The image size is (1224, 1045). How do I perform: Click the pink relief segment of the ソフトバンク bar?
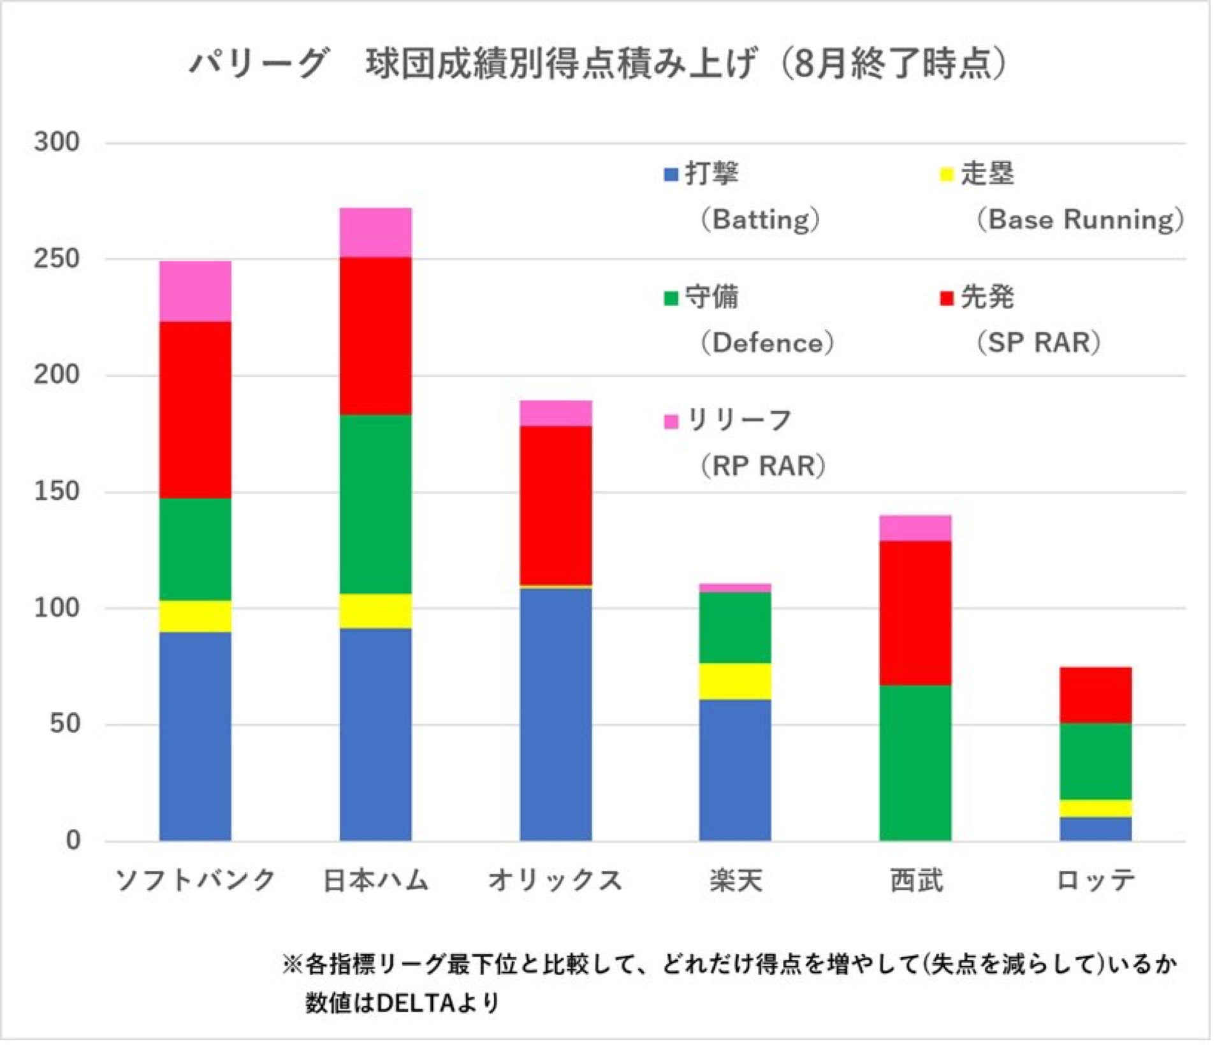coord(195,291)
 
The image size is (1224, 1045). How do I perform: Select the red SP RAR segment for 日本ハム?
coord(375,336)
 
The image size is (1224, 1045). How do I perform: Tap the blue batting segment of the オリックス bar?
coord(556,714)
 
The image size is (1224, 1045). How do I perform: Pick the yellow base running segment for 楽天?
coord(735,682)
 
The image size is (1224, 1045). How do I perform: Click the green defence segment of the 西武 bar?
coord(915,763)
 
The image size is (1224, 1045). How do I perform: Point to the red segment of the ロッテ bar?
coord(1096,695)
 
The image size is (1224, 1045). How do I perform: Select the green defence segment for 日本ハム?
coord(375,504)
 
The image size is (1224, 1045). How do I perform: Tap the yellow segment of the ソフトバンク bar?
coord(195,617)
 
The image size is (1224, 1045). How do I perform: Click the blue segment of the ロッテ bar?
coord(1096,829)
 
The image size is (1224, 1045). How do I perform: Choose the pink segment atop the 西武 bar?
coord(915,528)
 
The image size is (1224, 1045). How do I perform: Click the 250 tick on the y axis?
coord(57,258)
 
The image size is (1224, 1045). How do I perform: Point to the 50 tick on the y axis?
coord(65,724)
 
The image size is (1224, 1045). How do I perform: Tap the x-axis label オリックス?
coord(555,881)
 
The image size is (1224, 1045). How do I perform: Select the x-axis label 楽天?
coord(736,881)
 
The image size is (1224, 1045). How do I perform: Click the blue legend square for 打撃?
coord(671,174)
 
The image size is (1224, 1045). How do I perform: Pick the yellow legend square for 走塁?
coord(947,174)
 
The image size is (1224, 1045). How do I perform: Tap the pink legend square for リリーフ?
coord(671,421)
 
